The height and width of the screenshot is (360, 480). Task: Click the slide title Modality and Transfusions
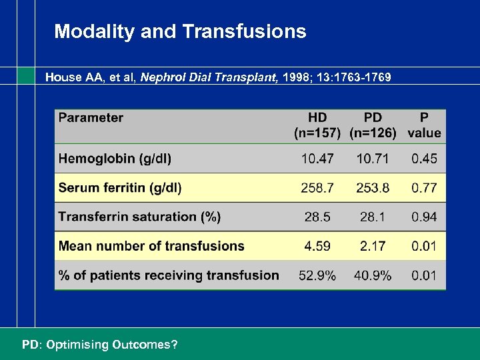180,31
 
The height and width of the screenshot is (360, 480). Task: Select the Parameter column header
91,118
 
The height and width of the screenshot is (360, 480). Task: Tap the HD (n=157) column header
317,125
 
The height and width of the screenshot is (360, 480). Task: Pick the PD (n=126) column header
372,125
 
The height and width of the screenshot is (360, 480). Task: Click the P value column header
424,125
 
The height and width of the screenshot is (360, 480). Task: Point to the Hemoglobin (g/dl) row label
115,159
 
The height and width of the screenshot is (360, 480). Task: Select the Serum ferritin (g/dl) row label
120,188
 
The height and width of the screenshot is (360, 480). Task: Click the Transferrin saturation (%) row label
139,217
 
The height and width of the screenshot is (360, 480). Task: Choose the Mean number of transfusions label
151,246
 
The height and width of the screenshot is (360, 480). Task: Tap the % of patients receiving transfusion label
169,275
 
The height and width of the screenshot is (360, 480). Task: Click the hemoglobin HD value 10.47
317,159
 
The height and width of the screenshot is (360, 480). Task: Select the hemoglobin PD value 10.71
373,159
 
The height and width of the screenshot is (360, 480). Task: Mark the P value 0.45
424,159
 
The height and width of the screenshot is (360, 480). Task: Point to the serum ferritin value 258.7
317,188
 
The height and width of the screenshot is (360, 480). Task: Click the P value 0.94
424,217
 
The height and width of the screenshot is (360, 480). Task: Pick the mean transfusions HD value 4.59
317,246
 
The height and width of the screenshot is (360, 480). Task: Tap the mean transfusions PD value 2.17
373,246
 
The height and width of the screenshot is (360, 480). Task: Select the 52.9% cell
317,275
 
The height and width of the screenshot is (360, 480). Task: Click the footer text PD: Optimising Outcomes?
100,345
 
